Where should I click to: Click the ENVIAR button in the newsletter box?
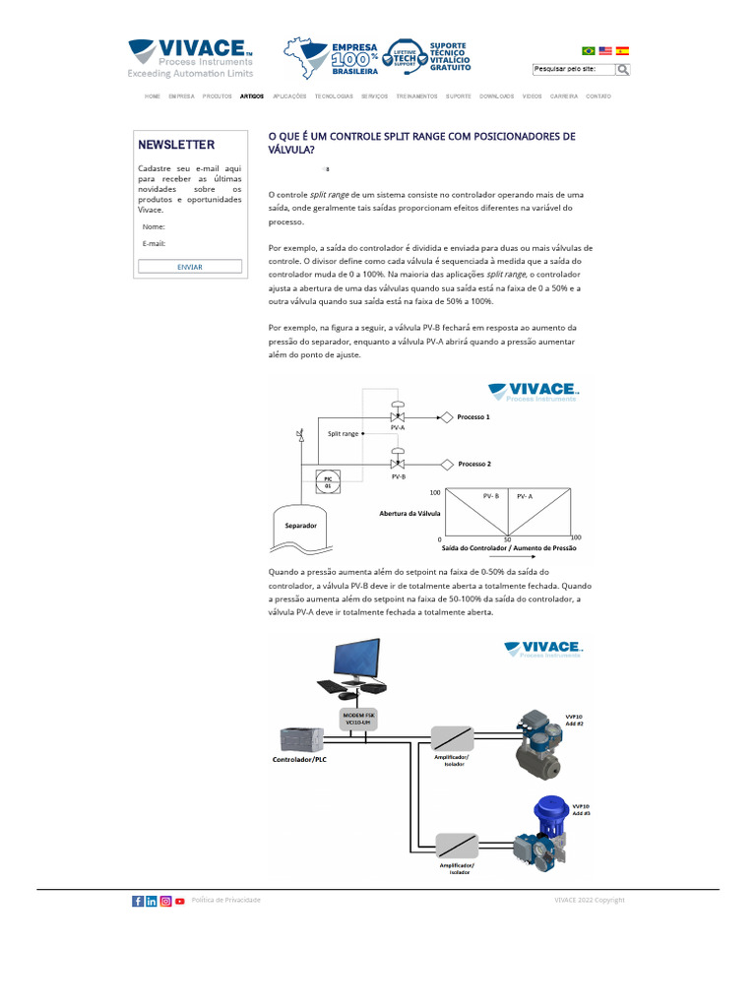pyautogui.click(x=190, y=267)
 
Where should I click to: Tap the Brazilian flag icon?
pyautogui.click(x=589, y=50)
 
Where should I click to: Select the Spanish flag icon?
pyautogui.click(x=622, y=50)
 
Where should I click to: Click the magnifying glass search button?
pyautogui.click(x=623, y=70)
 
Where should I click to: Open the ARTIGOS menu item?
pyautogui.click(x=252, y=96)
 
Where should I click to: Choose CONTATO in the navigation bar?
pyautogui.click(x=598, y=96)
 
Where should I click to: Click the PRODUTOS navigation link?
pyautogui.click(x=218, y=96)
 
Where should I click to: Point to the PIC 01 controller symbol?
pyautogui.click(x=329, y=482)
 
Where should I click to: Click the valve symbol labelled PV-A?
pyautogui.click(x=398, y=417)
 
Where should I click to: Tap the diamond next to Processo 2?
pyautogui.click(x=446, y=464)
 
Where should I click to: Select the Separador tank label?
pyautogui.click(x=300, y=526)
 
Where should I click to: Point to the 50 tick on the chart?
pyautogui.click(x=508, y=539)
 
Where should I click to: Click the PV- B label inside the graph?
pyautogui.click(x=490, y=496)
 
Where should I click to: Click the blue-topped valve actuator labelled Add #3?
pyautogui.click(x=547, y=812)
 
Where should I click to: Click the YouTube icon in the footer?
pyautogui.click(x=180, y=901)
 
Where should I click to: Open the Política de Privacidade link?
pyautogui.click(x=226, y=901)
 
